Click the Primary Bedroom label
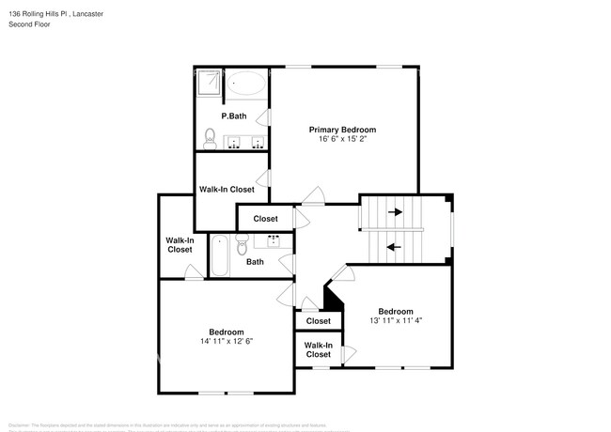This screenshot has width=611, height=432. [343, 130]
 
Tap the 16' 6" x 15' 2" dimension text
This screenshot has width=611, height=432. [343, 140]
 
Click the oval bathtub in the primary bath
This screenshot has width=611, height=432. [248, 85]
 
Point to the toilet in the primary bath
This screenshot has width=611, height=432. [209, 140]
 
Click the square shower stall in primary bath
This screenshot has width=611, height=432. [209, 84]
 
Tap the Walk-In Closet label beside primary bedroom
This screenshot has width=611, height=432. [227, 189]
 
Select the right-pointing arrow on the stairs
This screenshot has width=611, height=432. [395, 212]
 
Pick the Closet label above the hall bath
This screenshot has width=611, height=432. [265, 219]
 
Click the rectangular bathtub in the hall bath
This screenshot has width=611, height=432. [219, 255]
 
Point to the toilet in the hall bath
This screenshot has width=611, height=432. [242, 247]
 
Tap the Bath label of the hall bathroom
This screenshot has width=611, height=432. [255, 262]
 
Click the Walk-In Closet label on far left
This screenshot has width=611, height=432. [180, 245]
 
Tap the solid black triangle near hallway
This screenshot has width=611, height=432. [331, 298]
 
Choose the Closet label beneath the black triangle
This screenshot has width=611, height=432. [318, 321]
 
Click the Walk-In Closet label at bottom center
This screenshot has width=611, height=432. [318, 349]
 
